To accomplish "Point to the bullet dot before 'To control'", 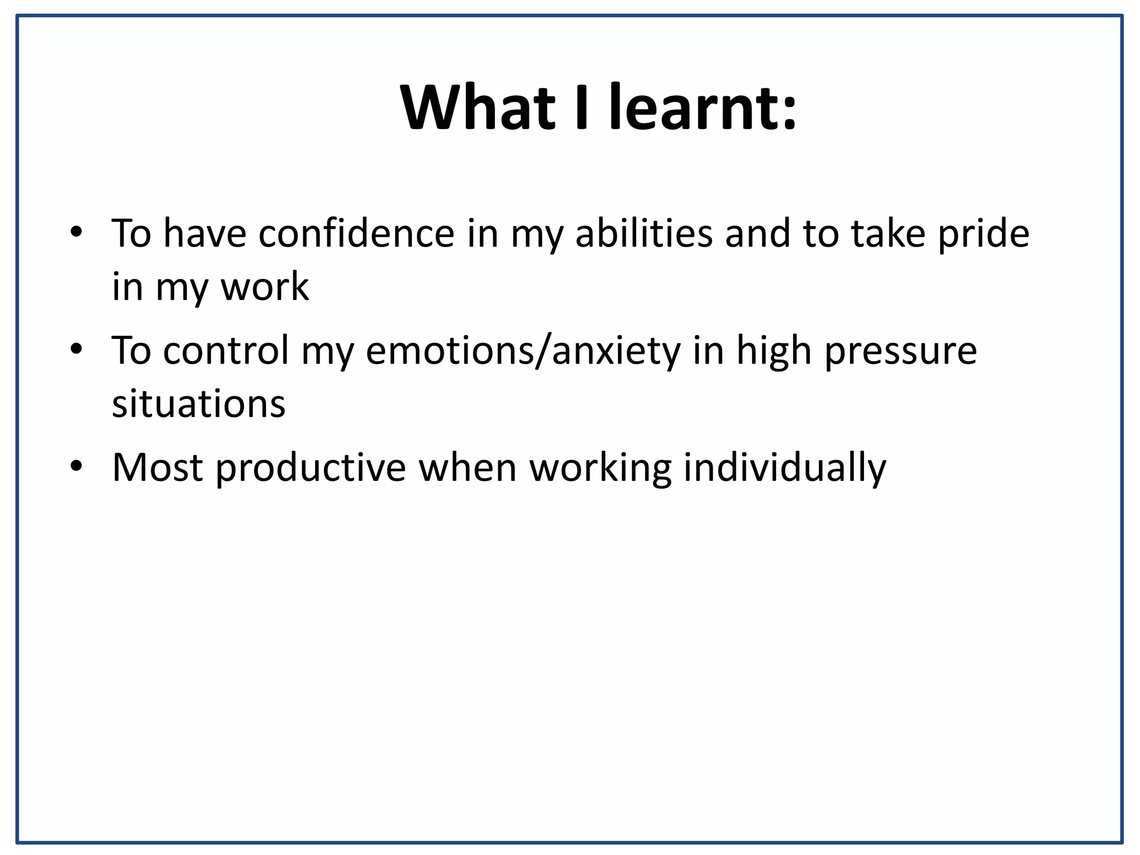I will click(76, 348).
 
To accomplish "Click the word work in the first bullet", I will click(264, 287).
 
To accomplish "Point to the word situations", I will click(199, 404).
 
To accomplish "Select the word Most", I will click(158, 468).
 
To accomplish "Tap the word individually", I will click(784, 468).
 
